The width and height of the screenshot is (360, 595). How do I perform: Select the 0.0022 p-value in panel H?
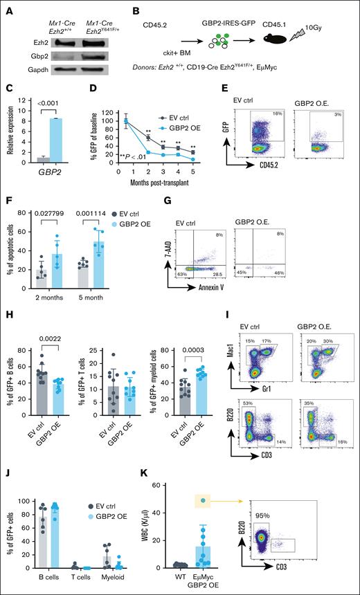48,329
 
